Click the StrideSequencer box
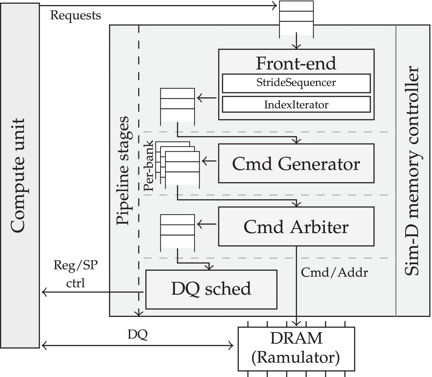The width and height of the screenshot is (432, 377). [x=296, y=83]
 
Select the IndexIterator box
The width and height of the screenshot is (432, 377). [x=296, y=105]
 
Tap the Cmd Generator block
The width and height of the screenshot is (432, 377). [x=296, y=164]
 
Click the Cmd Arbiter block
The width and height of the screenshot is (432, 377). [x=296, y=227]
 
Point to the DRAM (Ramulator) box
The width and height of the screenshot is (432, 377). [x=296, y=349]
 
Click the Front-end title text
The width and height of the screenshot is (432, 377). [x=296, y=63]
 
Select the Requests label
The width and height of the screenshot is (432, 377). [x=76, y=15]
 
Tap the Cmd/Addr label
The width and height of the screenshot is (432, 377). [x=334, y=272]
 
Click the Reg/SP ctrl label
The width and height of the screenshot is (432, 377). [x=76, y=274]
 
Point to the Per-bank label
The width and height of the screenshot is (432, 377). [x=149, y=166]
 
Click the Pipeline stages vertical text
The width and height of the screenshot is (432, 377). [x=123, y=171]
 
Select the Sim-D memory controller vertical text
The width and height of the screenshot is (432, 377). [x=413, y=171]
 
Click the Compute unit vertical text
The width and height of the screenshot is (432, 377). [x=18, y=176]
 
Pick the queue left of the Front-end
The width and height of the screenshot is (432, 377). [x=177, y=104]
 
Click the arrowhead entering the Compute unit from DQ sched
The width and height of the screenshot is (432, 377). [x=44, y=292]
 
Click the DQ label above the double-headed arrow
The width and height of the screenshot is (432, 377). [x=137, y=335]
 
